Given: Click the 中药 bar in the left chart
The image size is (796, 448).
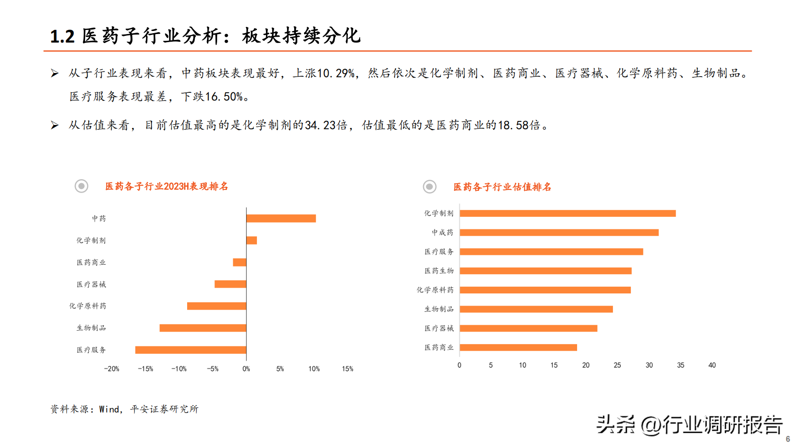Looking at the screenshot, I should pyautogui.click(x=281, y=218).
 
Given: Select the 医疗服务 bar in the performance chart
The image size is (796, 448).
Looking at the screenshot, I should pyautogui.click(x=191, y=350).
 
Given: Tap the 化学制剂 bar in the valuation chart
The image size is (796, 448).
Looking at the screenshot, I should pyautogui.click(x=568, y=213).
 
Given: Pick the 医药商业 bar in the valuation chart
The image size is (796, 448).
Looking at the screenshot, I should pyautogui.click(x=518, y=348).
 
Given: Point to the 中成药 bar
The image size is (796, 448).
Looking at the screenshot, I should pyautogui.click(x=559, y=233).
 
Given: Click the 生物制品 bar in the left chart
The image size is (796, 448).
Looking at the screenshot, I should pyautogui.click(x=203, y=328).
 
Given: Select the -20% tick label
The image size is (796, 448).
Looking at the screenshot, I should pyautogui.click(x=111, y=369).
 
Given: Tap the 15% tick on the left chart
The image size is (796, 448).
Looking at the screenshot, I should pyautogui.click(x=347, y=369).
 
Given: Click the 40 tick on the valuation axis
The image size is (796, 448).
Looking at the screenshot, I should pyautogui.click(x=712, y=365).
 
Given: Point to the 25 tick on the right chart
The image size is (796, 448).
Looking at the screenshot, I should pyautogui.click(x=617, y=365).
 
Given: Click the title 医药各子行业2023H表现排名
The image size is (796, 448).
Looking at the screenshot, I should pyautogui.click(x=167, y=186).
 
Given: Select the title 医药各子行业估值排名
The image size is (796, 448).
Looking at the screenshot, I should pyautogui.click(x=502, y=187).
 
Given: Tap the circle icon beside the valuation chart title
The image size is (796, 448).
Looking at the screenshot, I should pyautogui.click(x=430, y=186).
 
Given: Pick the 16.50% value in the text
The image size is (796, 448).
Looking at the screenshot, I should pyautogui.click(x=224, y=97).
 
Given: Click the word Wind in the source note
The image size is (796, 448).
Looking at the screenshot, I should pyautogui.click(x=109, y=409).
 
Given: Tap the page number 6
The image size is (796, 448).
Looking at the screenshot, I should pyautogui.click(x=788, y=439).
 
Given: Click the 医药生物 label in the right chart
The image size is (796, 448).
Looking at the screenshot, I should pyautogui.click(x=439, y=271).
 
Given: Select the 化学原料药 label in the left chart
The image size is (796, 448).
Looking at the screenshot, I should pyautogui.click(x=88, y=306).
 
